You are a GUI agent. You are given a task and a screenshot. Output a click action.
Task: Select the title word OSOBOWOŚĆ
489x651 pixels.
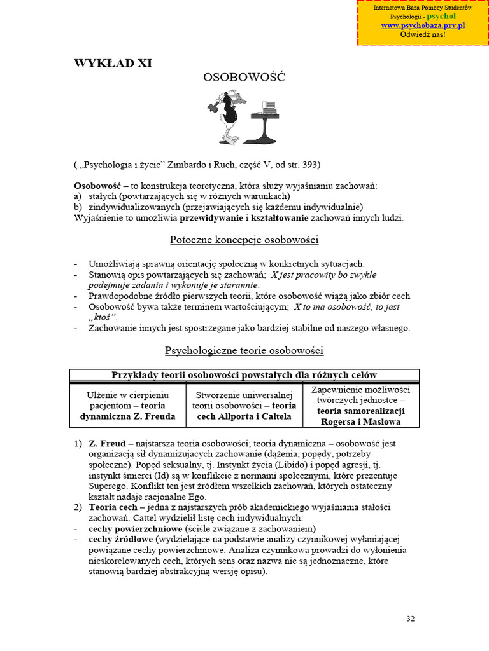coord(244,78)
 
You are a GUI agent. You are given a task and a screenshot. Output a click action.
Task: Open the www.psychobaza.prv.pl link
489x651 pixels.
coord(423,25)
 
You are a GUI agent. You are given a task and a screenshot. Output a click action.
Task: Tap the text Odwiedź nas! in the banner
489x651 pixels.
coord(423,34)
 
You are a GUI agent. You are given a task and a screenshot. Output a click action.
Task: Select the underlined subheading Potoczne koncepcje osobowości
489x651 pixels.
coord(244,240)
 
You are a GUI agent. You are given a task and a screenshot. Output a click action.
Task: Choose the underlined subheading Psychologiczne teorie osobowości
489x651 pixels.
coord(244,350)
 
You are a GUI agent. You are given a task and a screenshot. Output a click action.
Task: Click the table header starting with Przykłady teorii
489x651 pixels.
coord(244,374)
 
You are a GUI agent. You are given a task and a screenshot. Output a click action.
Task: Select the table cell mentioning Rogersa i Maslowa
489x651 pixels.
coord(360,405)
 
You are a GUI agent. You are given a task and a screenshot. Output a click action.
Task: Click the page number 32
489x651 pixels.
coord(410,619)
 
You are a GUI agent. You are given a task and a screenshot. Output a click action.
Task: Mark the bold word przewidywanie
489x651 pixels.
coord(211,217)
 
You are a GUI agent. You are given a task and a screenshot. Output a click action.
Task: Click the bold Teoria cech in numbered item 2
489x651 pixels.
coord(112,507)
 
